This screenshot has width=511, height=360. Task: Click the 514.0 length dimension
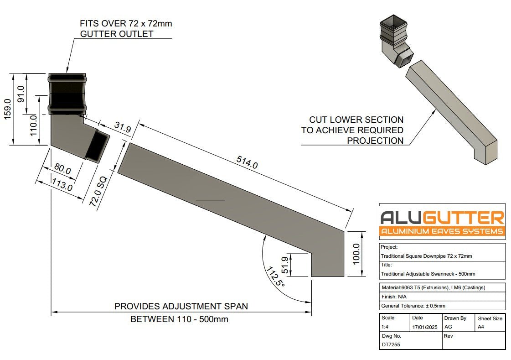[x=247, y=162]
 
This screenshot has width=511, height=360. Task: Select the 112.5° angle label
[x=275, y=277]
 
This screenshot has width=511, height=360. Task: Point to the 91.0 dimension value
[x=21, y=94]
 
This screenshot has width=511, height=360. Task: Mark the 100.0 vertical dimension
[x=356, y=254]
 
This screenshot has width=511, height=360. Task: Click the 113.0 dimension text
[x=62, y=186]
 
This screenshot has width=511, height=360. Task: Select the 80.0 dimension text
[x=62, y=169]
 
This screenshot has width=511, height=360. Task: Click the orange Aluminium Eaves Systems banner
[x=442, y=231]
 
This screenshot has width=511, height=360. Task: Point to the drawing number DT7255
[x=390, y=344]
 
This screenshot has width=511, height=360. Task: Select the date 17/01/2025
[x=425, y=327]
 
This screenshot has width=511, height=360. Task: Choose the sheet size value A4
[x=480, y=327]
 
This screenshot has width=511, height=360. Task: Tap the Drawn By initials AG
[x=448, y=327]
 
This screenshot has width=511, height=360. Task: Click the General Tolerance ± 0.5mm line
[x=413, y=306]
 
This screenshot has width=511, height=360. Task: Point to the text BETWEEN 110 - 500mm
[x=179, y=319]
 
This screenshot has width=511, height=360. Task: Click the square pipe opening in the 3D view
[x=393, y=22]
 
